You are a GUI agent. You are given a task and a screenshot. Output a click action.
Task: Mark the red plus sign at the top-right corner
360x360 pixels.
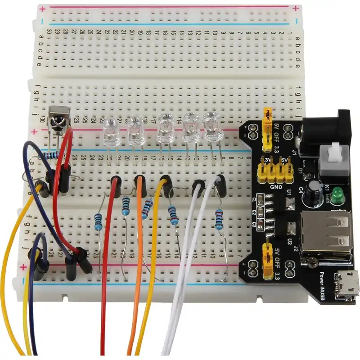click(295, 8)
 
